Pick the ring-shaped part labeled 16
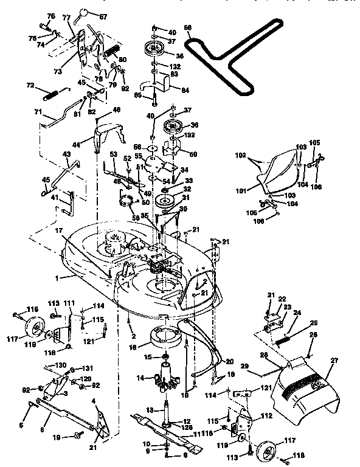pyautogui.click(x=162, y=336)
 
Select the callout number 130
pyautogui.click(x=61, y=365)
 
